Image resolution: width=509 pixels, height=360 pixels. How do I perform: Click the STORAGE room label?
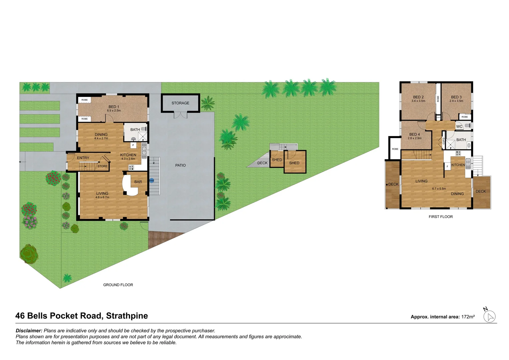click(180, 103)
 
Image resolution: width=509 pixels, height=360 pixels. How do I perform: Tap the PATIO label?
click(180, 165)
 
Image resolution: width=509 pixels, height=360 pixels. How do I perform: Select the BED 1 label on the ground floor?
click(114, 107)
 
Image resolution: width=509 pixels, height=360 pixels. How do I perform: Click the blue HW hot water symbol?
click(152, 181)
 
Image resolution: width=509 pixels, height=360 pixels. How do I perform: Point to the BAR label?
click(138, 182)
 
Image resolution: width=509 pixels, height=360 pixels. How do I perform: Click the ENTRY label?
click(83, 158)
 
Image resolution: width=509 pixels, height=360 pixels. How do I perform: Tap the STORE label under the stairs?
click(102, 166)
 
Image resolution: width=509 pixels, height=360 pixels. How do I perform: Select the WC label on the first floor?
click(459, 127)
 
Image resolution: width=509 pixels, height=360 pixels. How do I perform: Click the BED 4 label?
click(414, 134)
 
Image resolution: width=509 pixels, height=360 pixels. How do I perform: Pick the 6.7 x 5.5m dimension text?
click(439, 189)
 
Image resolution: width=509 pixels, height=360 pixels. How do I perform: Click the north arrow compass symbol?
click(489, 316)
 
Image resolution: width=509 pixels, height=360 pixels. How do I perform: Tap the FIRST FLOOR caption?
click(440, 217)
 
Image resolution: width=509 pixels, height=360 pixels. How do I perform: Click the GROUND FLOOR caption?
click(118, 285)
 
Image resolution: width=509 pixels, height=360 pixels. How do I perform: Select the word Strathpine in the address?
click(127, 316)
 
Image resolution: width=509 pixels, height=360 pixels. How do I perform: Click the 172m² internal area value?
click(468, 317)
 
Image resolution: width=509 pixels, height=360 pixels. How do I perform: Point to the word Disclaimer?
click(29, 331)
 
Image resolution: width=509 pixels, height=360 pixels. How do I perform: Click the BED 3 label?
click(456, 97)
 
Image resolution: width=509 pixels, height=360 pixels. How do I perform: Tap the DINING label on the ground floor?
click(101, 135)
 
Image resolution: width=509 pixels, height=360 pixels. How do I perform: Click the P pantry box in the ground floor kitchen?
click(133, 145)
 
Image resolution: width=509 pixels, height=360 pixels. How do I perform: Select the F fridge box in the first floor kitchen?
click(447, 166)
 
